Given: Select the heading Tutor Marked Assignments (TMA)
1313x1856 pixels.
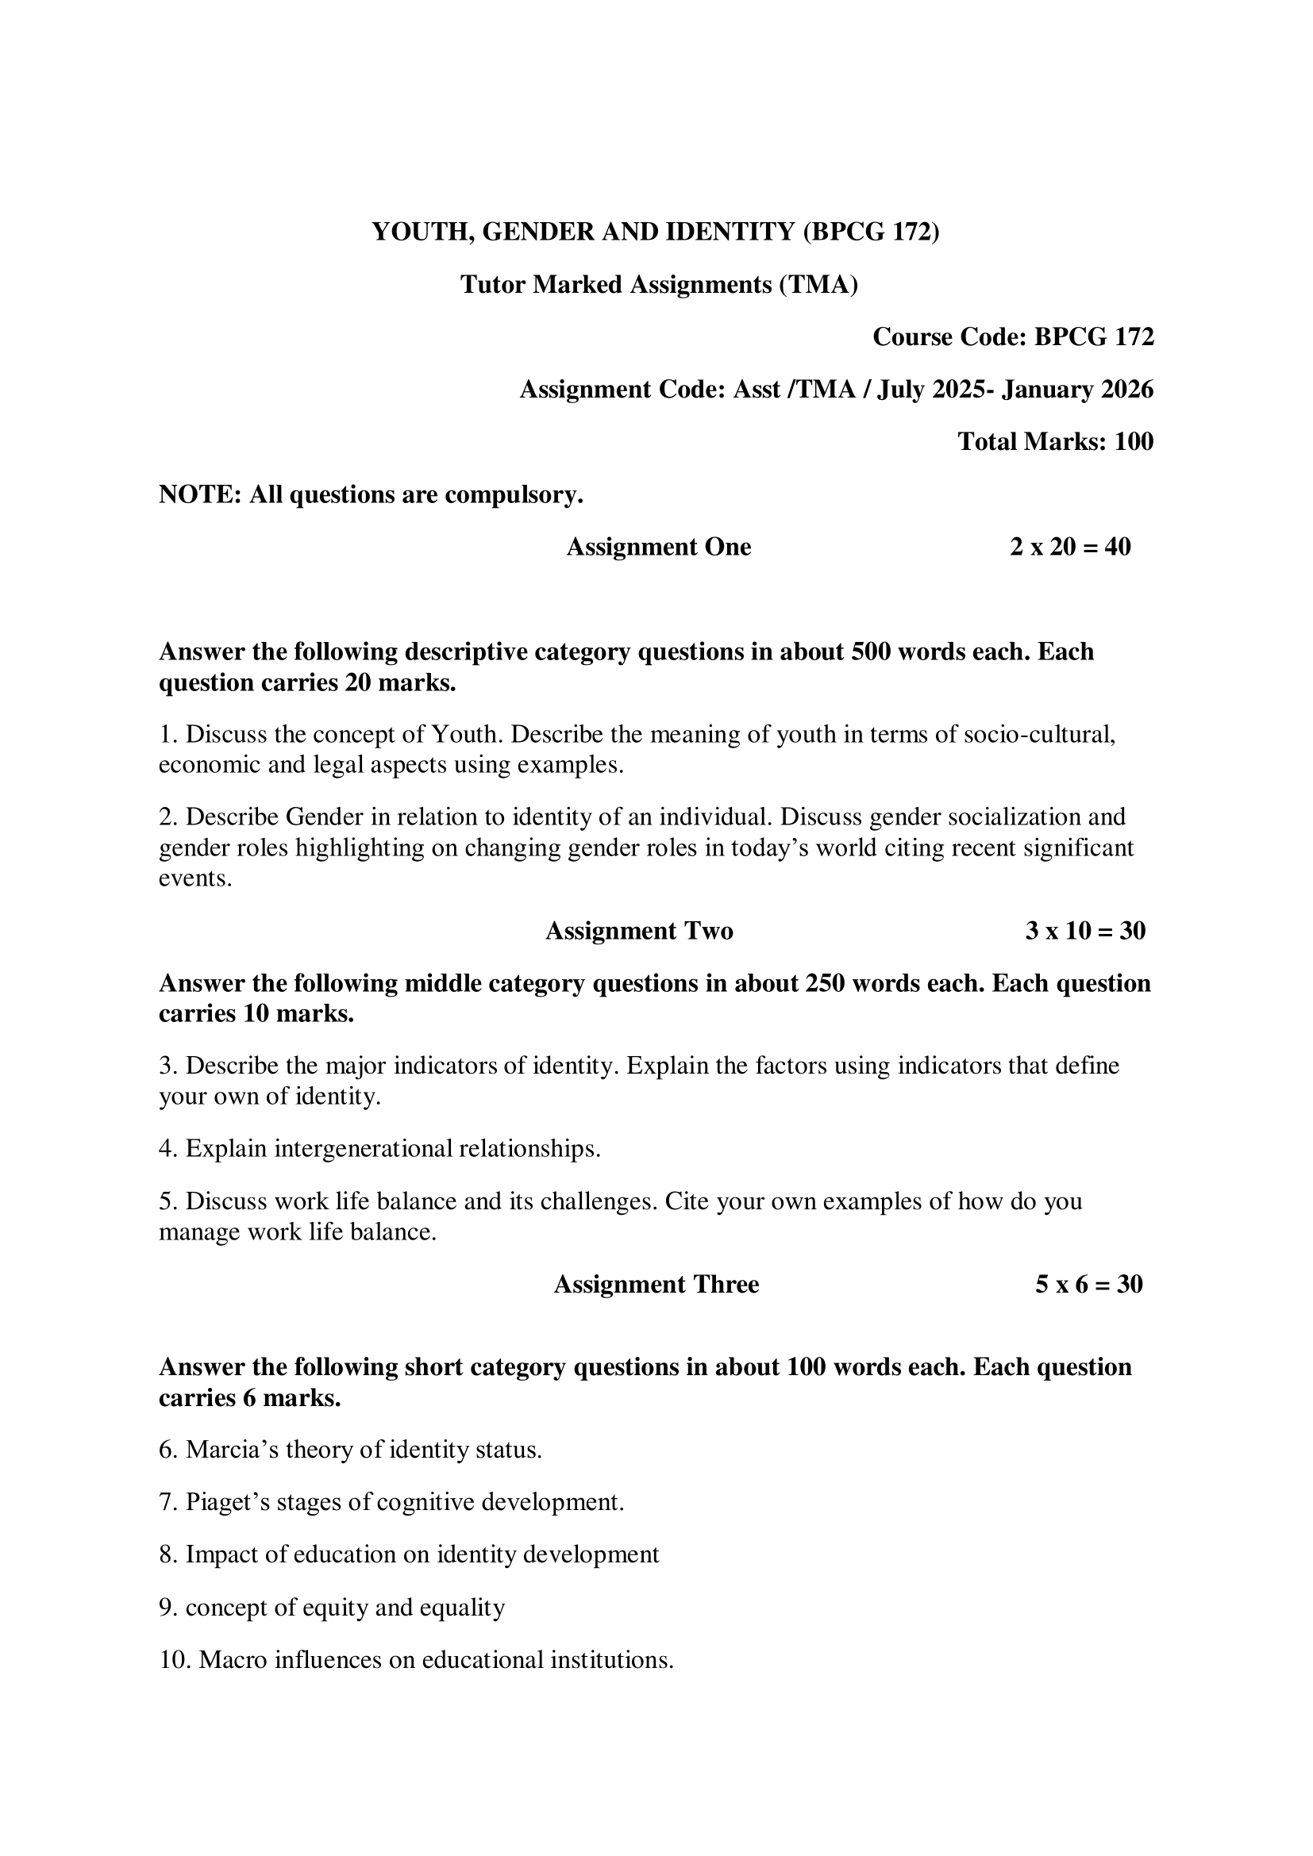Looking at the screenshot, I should (x=658, y=285).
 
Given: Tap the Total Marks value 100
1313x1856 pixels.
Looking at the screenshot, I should (x=1134, y=441).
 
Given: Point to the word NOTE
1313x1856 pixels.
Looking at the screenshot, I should (x=199, y=494).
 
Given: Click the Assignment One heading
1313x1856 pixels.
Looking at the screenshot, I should (x=658, y=547).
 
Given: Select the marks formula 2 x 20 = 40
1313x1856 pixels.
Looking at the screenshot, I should (x=1069, y=547).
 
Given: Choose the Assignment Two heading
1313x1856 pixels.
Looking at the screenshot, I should (x=639, y=931).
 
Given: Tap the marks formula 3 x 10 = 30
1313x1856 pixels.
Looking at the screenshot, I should (x=1085, y=931).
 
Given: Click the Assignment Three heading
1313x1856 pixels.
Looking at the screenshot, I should (x=656, y=1285).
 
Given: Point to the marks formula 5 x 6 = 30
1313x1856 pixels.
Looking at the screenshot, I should (x=1088, y=1285).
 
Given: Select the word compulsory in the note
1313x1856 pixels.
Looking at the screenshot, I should (x=515, y=494).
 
